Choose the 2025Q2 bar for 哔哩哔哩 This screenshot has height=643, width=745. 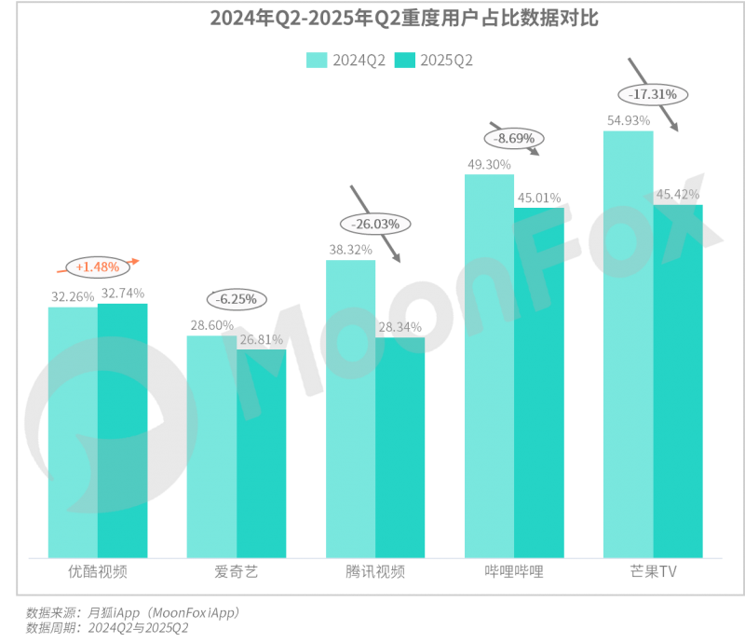pos(539,382)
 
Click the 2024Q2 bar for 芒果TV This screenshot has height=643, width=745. pos(628,344)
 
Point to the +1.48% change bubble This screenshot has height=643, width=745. pos(97,267)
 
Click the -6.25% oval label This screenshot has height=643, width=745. pos(237,300)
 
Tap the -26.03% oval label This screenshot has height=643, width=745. pos(375,224)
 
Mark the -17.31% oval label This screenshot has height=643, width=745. pos(653,94)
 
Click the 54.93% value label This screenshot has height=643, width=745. pos(628,120)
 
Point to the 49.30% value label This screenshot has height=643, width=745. pos(488,164)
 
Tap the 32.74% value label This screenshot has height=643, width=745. pos(122,293)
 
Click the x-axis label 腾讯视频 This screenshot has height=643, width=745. pos(375,572)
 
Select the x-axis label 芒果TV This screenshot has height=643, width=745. pos(653,572)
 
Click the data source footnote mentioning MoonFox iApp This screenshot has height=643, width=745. pos(132,613)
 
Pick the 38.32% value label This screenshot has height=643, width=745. pos(350,249)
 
